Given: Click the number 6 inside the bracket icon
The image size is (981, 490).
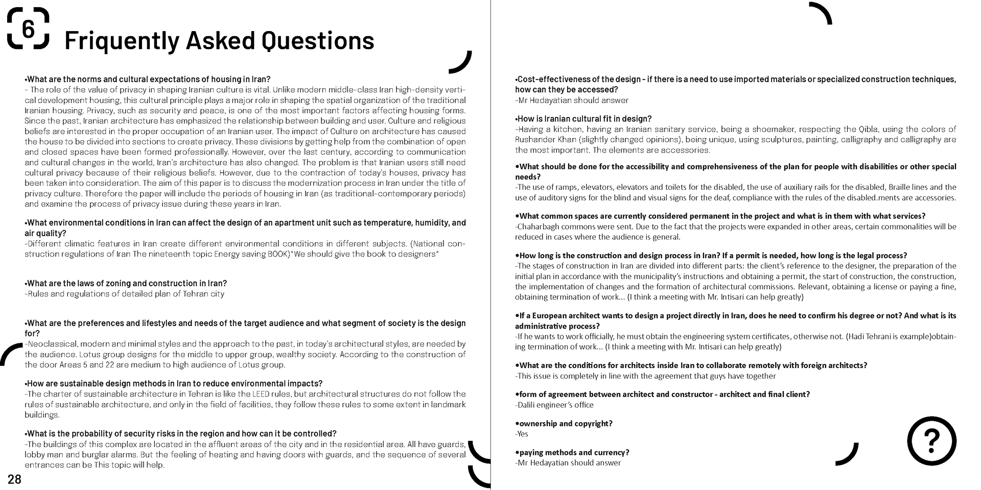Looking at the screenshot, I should coord(28,30).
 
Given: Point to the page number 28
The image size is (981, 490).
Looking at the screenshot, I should coord(14,479).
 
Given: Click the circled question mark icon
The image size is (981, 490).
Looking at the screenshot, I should coord(931,441).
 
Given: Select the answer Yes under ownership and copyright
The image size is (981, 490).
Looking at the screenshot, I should coord(523,434).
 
